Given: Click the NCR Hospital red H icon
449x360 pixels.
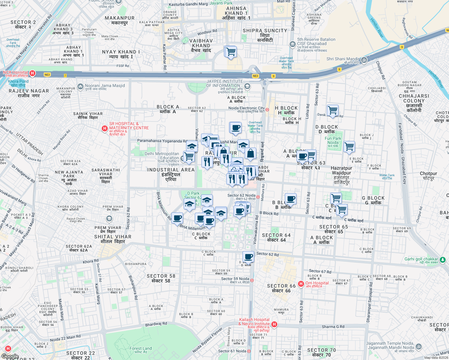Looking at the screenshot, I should tap(32, 73).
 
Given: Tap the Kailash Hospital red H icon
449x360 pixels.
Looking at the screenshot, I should tap(274, 324).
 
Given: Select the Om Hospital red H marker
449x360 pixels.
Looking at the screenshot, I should tap(301, 283).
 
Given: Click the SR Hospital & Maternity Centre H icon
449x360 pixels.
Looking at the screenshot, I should tap(104, 128).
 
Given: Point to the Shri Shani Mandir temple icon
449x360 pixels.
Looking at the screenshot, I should tap(364, 60).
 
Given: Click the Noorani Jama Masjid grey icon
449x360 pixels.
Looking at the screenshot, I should tap(80, 87).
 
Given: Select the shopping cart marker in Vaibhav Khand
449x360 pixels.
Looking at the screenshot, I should tap(231, 52).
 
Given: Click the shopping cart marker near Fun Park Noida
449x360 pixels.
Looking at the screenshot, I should tap(349, 147).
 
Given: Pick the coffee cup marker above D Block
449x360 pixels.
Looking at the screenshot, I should tap(249, 256).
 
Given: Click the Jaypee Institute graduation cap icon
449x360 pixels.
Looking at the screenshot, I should tap(247, 87).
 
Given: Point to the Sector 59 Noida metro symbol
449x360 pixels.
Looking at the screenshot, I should tap(252, 280).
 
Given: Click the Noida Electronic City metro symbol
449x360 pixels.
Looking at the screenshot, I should tap(267, 110).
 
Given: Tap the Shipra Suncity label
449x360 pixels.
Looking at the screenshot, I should tap(265, 35).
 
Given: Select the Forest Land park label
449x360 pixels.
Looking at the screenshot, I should tap(140, 350).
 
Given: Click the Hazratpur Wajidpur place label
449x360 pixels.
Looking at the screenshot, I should tap(342, 175).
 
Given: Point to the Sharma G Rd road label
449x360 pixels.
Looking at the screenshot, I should tap(333, 327).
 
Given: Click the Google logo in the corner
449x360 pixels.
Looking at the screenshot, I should tap(10, 356).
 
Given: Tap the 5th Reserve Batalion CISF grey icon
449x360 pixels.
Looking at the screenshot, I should tap(293, 44).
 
